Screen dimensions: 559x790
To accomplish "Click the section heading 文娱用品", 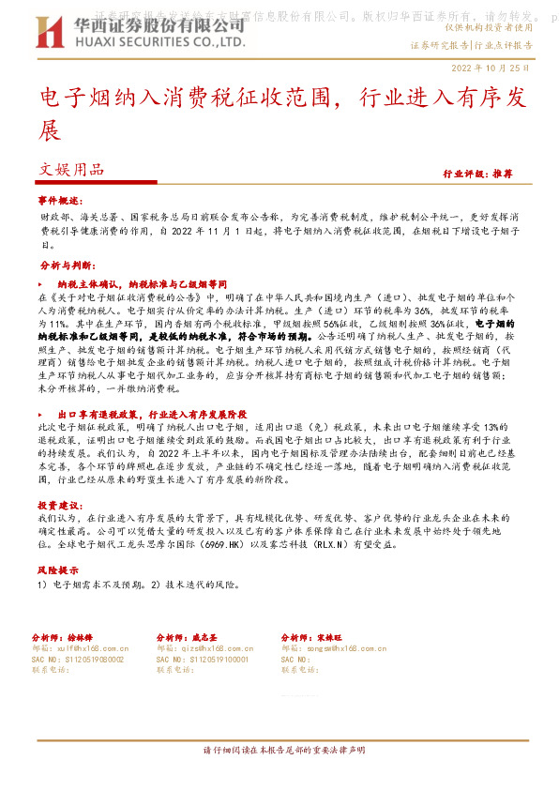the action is (x=71, y=170).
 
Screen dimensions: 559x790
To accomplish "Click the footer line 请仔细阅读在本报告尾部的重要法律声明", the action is (x=283, y=751).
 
